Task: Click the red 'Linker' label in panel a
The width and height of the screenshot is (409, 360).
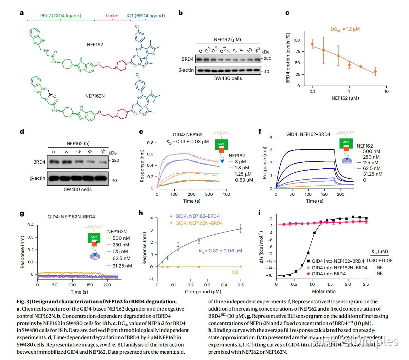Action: (112, 15)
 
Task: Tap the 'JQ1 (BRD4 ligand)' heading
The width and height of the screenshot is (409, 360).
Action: (145, 15)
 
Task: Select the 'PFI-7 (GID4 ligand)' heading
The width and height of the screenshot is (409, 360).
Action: (61, 15)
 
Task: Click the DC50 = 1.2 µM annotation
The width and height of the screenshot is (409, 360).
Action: (345, 29)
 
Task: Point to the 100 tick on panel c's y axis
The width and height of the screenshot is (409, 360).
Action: (296, 40)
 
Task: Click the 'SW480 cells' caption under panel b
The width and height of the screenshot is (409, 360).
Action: (228, 78)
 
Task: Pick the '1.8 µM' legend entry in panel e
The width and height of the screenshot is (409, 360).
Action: (242, 168)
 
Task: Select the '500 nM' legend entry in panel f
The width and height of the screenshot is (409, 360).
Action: (371, 151)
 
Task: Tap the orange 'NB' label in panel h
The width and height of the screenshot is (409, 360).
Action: (235, 272)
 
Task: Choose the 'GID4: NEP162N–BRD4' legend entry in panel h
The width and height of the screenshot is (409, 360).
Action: (199, 223)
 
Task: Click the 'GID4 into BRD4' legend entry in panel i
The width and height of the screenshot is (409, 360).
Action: (328, 274)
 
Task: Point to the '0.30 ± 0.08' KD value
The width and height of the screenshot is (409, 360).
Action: (379, 260)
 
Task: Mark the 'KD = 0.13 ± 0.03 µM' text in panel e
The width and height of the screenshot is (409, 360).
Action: (188, 142)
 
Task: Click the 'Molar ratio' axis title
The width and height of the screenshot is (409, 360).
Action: (323, 291)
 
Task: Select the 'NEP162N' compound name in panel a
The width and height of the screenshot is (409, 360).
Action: (95, 96)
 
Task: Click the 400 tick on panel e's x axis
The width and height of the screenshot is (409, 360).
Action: (226, 194)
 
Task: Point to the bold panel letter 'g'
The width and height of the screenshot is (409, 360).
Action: (22, 213)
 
